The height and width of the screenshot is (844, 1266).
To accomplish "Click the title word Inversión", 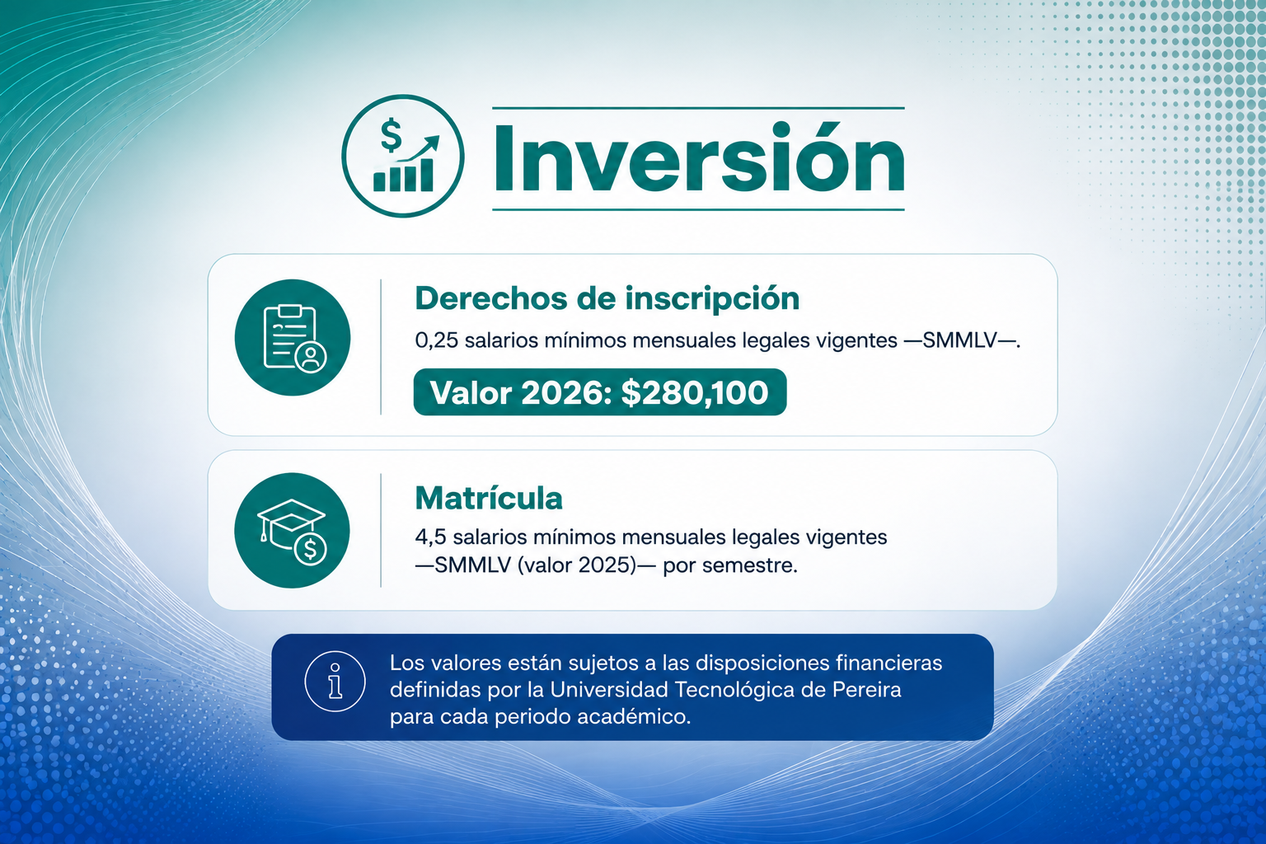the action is coord(699,157).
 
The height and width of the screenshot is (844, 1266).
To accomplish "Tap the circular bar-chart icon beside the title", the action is coord(403,156).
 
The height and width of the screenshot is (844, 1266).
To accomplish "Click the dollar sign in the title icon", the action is coord(391,135).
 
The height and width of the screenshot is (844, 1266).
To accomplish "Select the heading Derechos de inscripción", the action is coord(607,298).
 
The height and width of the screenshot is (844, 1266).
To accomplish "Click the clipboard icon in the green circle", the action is coord(294,338).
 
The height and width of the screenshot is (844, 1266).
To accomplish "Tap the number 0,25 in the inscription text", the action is coord(436,341).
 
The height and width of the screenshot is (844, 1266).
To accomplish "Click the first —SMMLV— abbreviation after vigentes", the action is coord(970,341).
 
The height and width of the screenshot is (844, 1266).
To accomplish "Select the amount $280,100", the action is coord(695,392).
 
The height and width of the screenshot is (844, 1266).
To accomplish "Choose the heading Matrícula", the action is coord(489,498).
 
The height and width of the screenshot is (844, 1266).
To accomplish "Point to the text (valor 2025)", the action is coord(577,565).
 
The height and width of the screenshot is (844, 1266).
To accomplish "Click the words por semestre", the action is coord(730,565).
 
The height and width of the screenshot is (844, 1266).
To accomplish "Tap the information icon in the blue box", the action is coord(335,681).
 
